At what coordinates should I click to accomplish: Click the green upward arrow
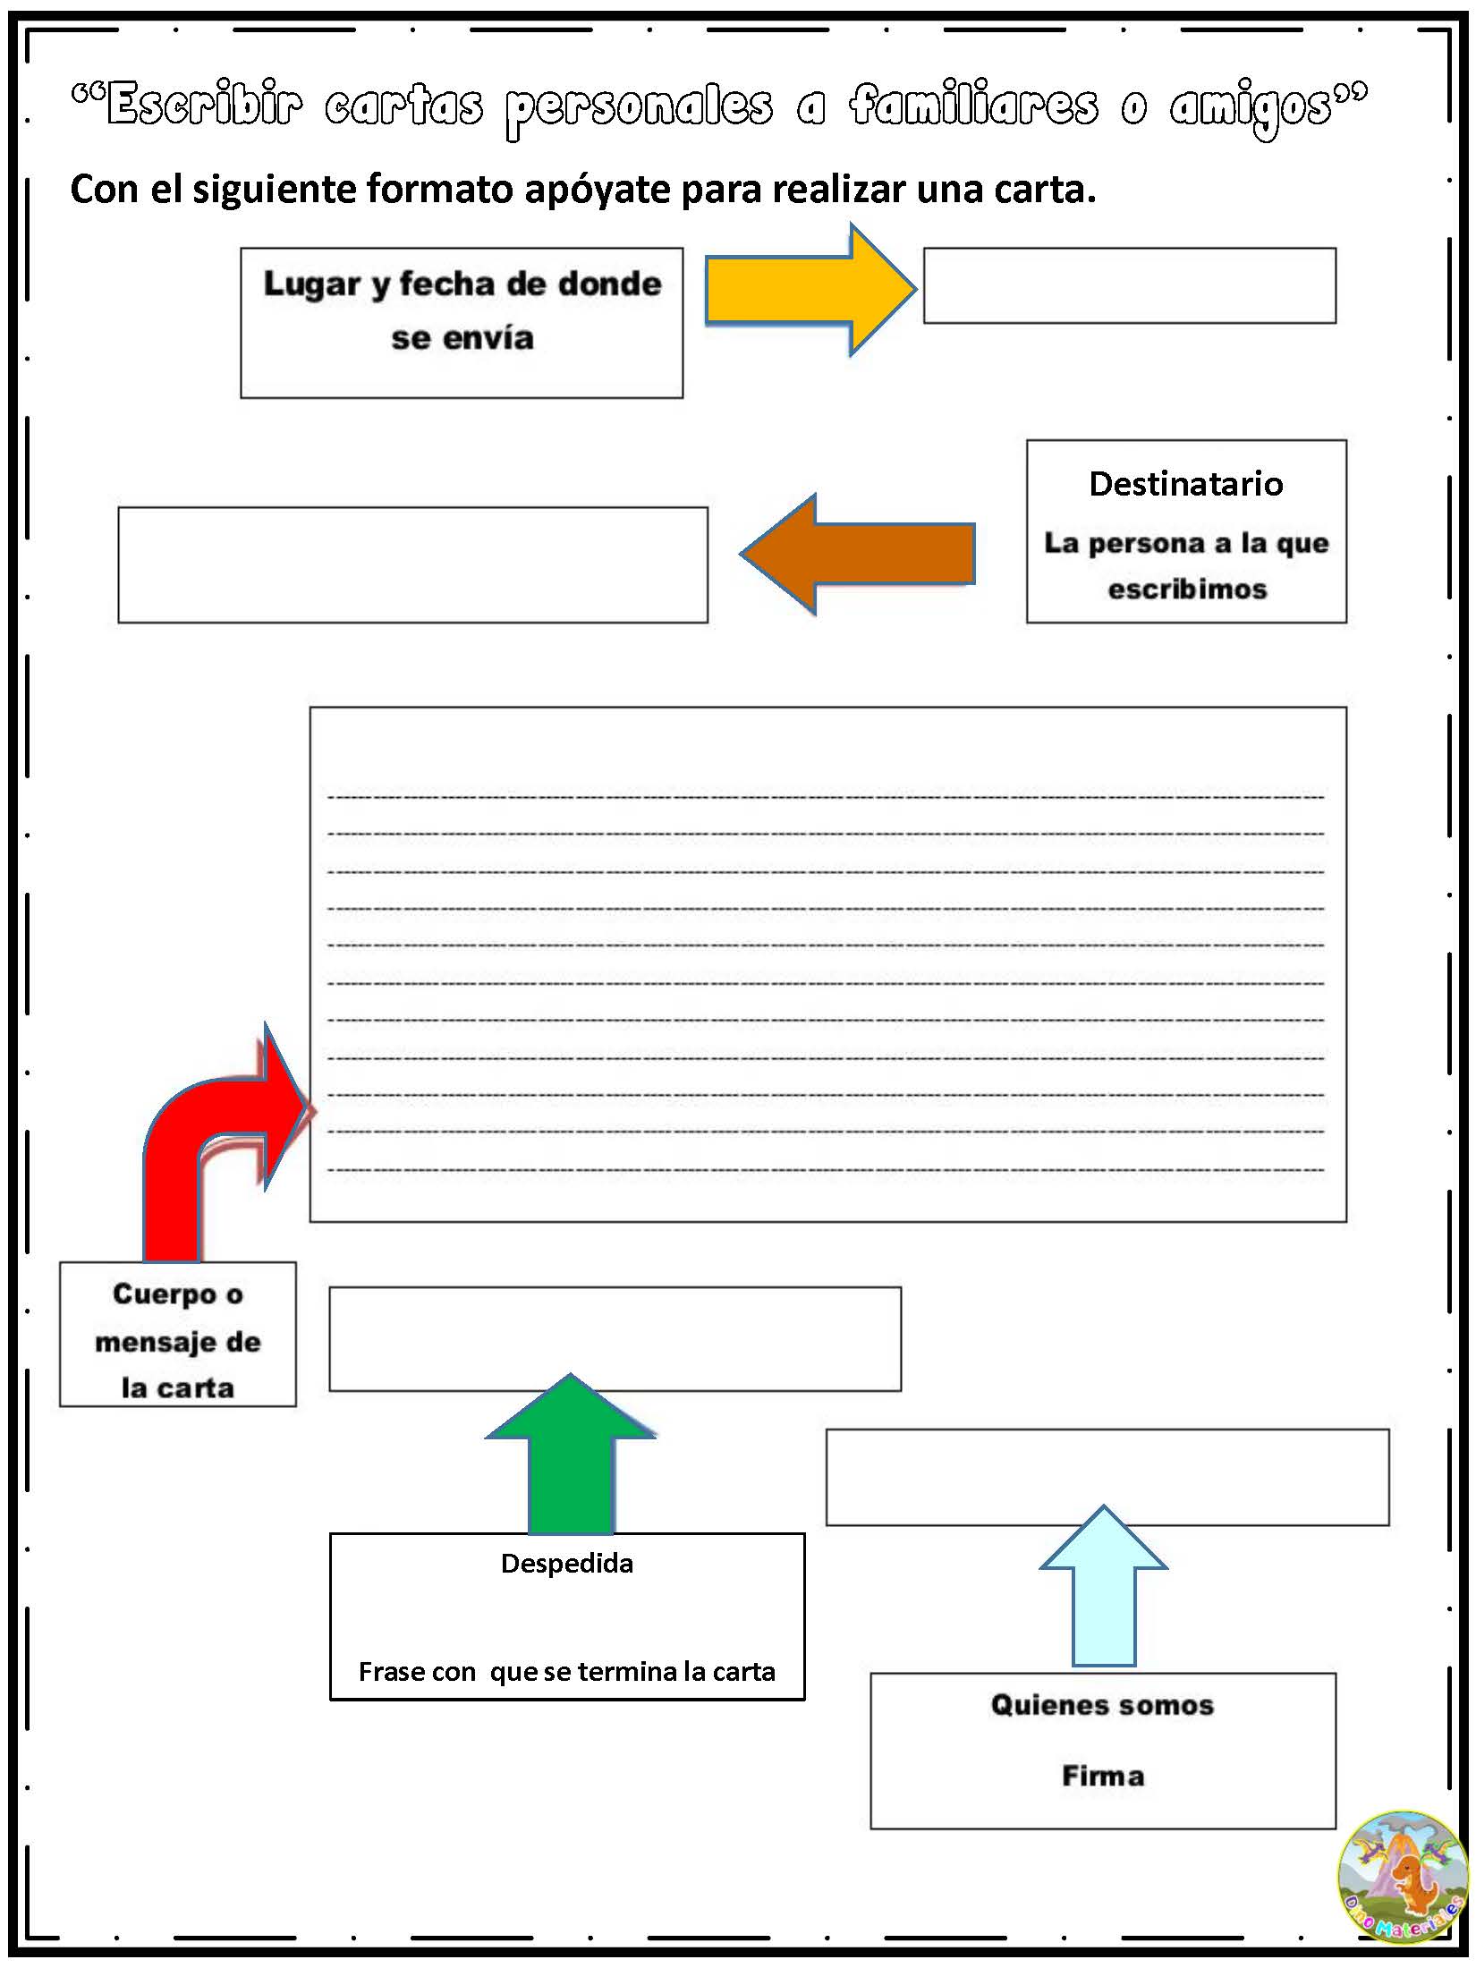pyautogui.click(x=571, y=1458)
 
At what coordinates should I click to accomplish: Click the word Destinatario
pyautogui.click(x=1186, y=484)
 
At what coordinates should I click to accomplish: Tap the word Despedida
pyautogui.click(x=567, y=1564)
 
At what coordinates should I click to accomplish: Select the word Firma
pyautogui.click(x=1103, y=1776)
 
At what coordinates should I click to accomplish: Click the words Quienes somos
pyautogui.click(x=1103, y=1705)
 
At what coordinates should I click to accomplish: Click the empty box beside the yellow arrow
pyautogui.click(x=1129, y=285)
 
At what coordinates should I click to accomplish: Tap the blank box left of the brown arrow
pyautogui.click(x=412, y=564)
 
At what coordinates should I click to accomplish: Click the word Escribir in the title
pyautogui.click(x=204, y=106)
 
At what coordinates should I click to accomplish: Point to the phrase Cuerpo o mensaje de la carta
pyautogui.click(x=178, y=1341)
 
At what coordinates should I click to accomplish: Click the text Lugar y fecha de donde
pyautogui.click(x=462, y=284)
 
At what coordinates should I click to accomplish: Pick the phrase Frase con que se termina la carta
pyautogui.click(x=567, y=1672)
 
